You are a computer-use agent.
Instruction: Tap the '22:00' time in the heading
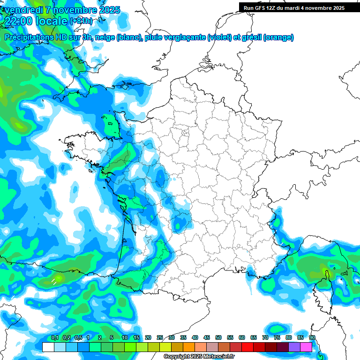[18, 21]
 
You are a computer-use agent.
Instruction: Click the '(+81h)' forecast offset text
[81, 21]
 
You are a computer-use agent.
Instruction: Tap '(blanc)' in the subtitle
[129, 37]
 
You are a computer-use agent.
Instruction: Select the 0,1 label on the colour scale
[54, 338]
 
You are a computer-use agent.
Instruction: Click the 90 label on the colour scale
[312, 338]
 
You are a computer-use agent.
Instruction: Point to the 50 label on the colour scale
[218, 338]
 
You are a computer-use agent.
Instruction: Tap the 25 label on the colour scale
[160, 338]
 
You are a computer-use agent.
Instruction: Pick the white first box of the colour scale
[48, 347]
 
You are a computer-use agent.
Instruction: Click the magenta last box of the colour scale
[306, 347]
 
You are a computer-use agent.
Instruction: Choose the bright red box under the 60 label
[247, 347]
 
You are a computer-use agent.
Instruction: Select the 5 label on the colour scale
[112, 338]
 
